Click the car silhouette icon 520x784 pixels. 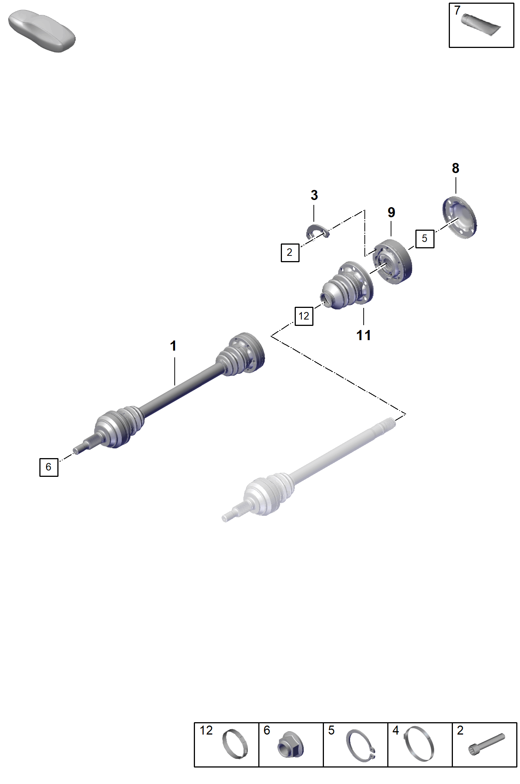41,31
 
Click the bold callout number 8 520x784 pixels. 456,168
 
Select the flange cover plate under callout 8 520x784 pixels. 460,217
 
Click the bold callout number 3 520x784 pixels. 314,195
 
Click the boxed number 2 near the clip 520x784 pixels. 290,252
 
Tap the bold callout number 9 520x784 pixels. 391,212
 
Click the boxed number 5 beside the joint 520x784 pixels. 425,239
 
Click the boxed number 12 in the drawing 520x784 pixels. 304,316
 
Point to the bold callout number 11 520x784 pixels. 364,336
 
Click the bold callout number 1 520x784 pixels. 173,346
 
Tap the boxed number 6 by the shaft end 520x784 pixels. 49,467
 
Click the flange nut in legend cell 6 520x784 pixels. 291,745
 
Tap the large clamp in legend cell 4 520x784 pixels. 419,744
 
